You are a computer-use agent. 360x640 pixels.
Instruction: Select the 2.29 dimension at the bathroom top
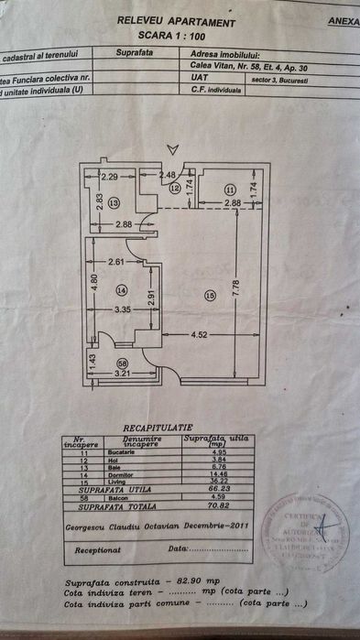(x=112, y=175)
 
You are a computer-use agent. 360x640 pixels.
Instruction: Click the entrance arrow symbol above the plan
(x=167, y=148)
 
